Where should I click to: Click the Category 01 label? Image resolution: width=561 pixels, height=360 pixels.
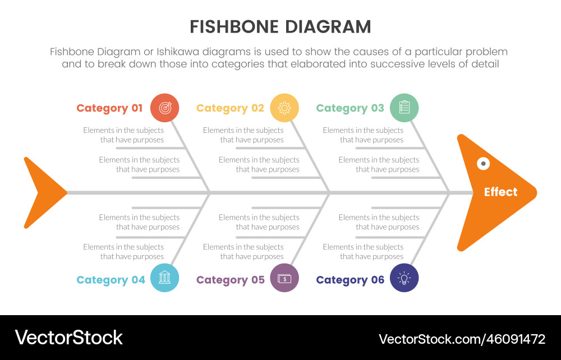109,108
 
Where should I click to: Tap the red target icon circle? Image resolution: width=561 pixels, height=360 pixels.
165,108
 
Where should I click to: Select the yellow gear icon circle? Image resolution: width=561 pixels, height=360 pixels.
284,108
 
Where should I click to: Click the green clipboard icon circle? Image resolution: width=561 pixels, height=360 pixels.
404,108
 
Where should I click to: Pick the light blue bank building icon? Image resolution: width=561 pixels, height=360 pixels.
165,278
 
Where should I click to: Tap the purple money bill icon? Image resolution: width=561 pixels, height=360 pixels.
284,278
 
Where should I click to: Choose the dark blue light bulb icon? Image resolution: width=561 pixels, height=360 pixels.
404,278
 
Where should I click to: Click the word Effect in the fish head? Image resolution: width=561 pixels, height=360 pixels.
500,192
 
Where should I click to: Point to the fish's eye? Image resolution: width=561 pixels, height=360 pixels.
482,163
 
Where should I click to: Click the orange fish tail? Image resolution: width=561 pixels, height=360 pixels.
45,192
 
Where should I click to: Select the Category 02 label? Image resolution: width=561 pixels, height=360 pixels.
230,108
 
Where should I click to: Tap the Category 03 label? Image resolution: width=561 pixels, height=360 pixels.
350,108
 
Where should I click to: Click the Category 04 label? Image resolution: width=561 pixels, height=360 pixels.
111,280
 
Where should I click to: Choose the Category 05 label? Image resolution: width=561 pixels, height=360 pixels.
230,280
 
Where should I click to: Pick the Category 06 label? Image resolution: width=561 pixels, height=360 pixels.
350,280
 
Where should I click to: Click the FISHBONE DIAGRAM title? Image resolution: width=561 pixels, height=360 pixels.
280,27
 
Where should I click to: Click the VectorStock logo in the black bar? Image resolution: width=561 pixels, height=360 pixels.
68,337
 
